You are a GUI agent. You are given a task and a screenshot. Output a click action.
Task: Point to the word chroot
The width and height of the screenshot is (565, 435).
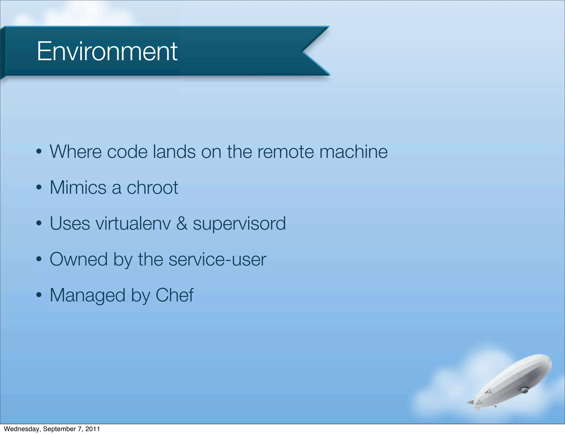(x=152, y=188)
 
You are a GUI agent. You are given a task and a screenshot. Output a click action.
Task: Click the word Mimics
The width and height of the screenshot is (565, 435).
(x=78, y=188)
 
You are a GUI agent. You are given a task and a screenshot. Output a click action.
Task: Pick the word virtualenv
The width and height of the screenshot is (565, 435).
(x=133, y=223)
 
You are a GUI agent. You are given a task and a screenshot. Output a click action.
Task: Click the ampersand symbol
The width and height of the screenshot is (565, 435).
(x=182, y=223)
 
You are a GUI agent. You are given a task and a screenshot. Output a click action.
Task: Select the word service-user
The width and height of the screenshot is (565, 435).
(x=217, y=259)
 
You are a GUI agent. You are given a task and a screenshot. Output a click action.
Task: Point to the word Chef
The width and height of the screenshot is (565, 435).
(x=174, y=295)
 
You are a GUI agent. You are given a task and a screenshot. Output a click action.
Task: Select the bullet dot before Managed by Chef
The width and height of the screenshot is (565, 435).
(x=39, y=296)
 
